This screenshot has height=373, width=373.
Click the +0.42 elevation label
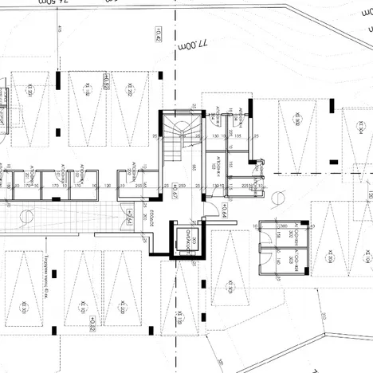pyautogui.click(x=159, y=33)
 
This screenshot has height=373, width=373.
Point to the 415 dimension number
pyautogui.click(x=59, y=29)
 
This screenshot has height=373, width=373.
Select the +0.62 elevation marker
pyautogui.click(x=105, y=82)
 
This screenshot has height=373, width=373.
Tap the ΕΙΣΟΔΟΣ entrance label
pyautogui.click(x=151, y=221)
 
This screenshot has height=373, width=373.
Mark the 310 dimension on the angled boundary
pyautogui.click(x=323, y=317)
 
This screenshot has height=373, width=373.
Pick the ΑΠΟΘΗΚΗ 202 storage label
pyautogui.click(x=82, y=176)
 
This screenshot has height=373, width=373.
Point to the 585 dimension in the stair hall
pyautogui.click(x=195, y=167)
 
